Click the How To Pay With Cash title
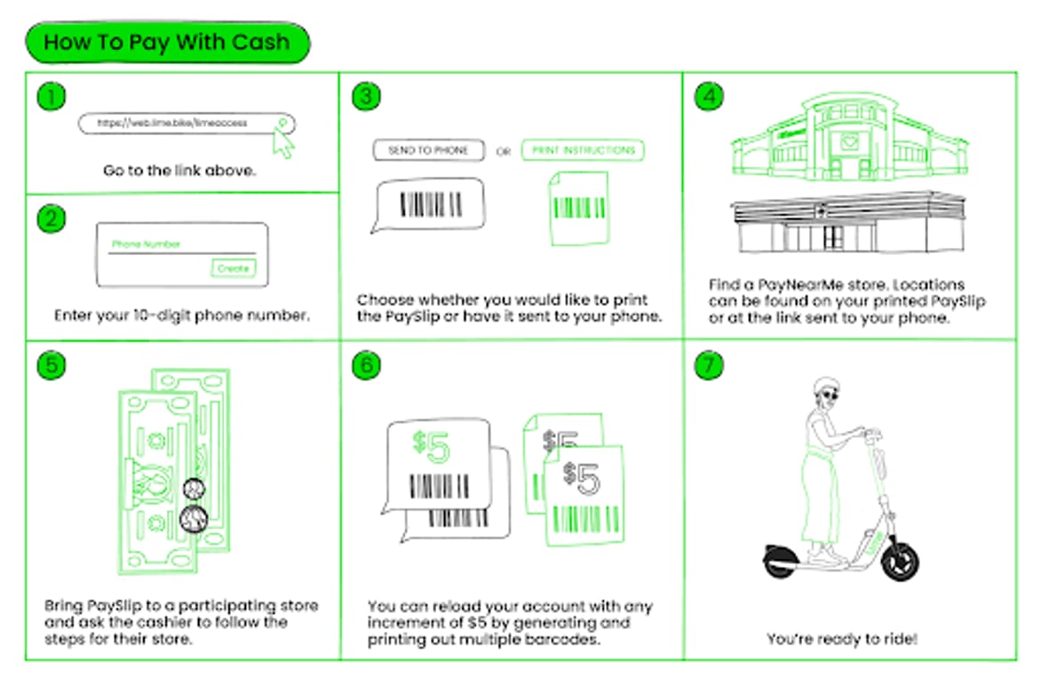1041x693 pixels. pos(167,42)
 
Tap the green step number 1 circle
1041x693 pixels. pos(52,96)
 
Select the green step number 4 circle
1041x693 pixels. pos(708,96)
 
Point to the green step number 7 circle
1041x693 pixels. pos(708,365)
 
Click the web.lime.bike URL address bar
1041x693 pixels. pos(178,123)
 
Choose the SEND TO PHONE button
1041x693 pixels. pos(428,151)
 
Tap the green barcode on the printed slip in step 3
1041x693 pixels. pos(579,208)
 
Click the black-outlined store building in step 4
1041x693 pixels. pos(847,225)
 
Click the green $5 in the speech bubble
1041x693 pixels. pos(432,449)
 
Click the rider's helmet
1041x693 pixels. pos(827,387)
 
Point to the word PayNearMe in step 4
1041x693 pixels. pos(793,285)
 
